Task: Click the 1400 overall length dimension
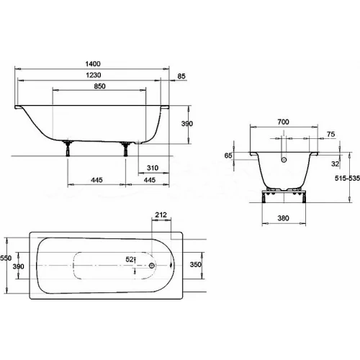[x=93, y=64]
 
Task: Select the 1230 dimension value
[x=94, y=75]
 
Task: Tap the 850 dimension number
[x=99, y=86]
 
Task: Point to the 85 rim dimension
[x=181, y=76]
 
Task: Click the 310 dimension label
[x=153, y=168]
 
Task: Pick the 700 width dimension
[x=283, y=122]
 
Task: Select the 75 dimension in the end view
[x=330, y=135]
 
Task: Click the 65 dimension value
[x=228, y=156]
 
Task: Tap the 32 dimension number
[x=335, y=164]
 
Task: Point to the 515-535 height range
[x=347, y=179]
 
